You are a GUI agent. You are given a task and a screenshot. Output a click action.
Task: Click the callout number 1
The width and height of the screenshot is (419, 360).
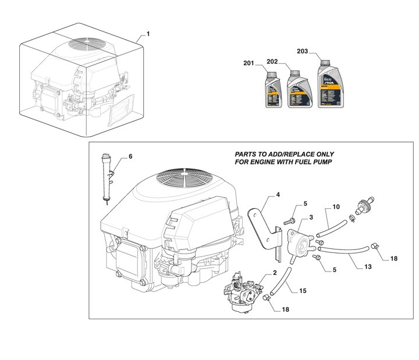(x=148, y=34)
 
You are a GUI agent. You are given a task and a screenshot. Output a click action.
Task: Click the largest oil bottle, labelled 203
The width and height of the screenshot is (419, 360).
(x=328, y=87)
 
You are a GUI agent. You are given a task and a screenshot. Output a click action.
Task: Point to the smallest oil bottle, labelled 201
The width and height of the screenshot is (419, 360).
(x=273, y=92)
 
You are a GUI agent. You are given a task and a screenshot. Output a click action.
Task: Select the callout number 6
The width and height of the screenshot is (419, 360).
(x=130, y=156)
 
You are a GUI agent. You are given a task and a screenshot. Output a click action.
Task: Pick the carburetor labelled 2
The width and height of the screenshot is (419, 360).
(x=244, y=291)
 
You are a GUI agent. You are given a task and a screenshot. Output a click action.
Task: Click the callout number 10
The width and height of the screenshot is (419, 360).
(x=336, y=207)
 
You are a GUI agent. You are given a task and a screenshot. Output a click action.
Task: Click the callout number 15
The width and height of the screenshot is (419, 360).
(x=303, y=290)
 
